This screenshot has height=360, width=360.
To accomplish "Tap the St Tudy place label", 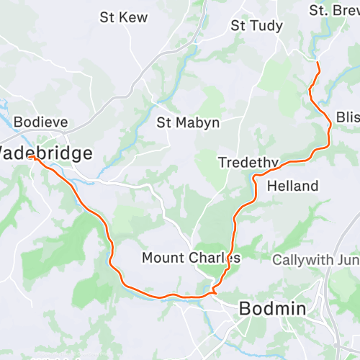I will [256, 26].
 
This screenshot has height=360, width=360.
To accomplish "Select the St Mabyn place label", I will [188, 122].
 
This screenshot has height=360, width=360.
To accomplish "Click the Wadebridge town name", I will [45, 153].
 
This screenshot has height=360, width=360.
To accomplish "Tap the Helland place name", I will [292, 186].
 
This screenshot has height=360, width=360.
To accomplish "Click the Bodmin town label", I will [272, 309].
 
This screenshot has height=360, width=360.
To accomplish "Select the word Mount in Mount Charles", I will [165, 257].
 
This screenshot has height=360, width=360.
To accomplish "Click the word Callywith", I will [301, 259].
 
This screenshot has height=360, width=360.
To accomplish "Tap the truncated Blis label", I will [347, 117].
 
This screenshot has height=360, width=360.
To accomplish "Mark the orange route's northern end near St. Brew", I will [318, 63].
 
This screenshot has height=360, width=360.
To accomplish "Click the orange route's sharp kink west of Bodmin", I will [214, 292].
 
